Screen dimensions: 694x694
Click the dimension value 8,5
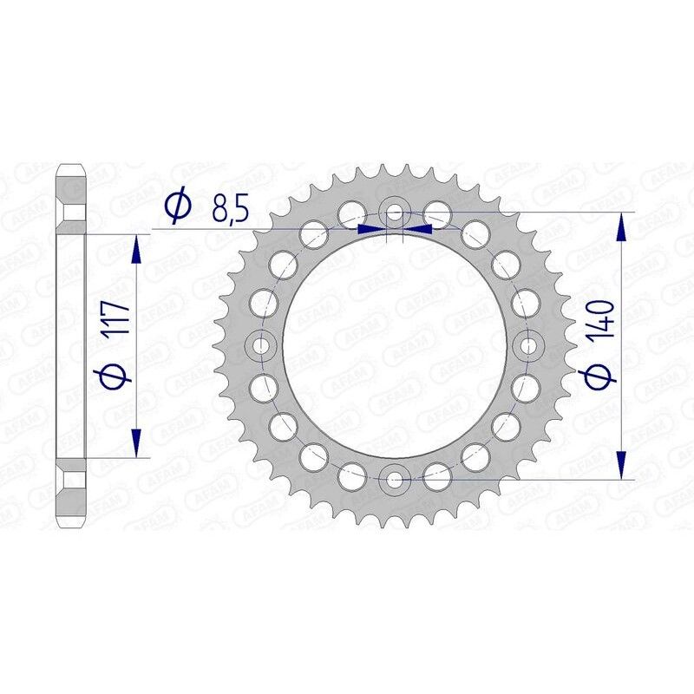[228, 208]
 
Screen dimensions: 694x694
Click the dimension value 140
[604, 318]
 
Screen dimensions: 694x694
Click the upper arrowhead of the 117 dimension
[135, 250]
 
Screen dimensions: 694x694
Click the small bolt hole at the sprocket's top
[395, 212]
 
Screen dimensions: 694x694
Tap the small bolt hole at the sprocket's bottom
[395, 478]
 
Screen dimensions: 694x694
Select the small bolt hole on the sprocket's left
[261, 345]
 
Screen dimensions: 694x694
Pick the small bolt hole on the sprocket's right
[527, 345]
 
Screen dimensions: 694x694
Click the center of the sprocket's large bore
[395, 345]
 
